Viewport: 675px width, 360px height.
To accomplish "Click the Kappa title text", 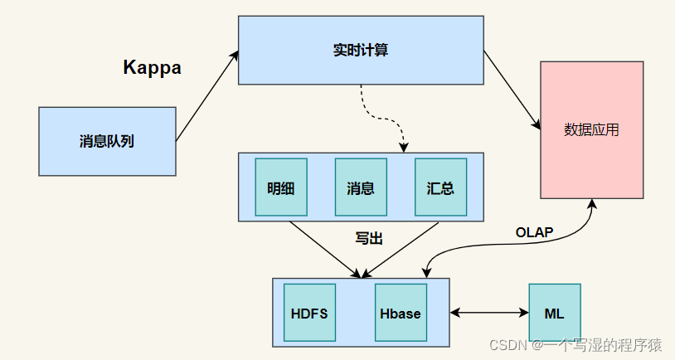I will point(152,67).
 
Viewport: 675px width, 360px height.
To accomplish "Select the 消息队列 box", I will point(107,141).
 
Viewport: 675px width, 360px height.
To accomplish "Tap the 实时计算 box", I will point(361,50).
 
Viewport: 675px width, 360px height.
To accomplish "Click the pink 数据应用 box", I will point(591,129).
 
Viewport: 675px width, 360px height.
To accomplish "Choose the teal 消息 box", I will point(361,187).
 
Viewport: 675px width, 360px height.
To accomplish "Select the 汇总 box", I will point(440,187).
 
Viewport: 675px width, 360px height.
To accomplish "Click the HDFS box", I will point(309,314).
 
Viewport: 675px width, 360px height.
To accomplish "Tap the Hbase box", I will point(401,314).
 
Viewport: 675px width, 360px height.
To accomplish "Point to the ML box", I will point(554,314).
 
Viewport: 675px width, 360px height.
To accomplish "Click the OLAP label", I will point(534,231).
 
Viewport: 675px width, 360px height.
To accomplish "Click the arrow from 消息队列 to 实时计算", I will point(206,98).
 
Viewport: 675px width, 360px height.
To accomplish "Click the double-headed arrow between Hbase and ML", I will point(489,313).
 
